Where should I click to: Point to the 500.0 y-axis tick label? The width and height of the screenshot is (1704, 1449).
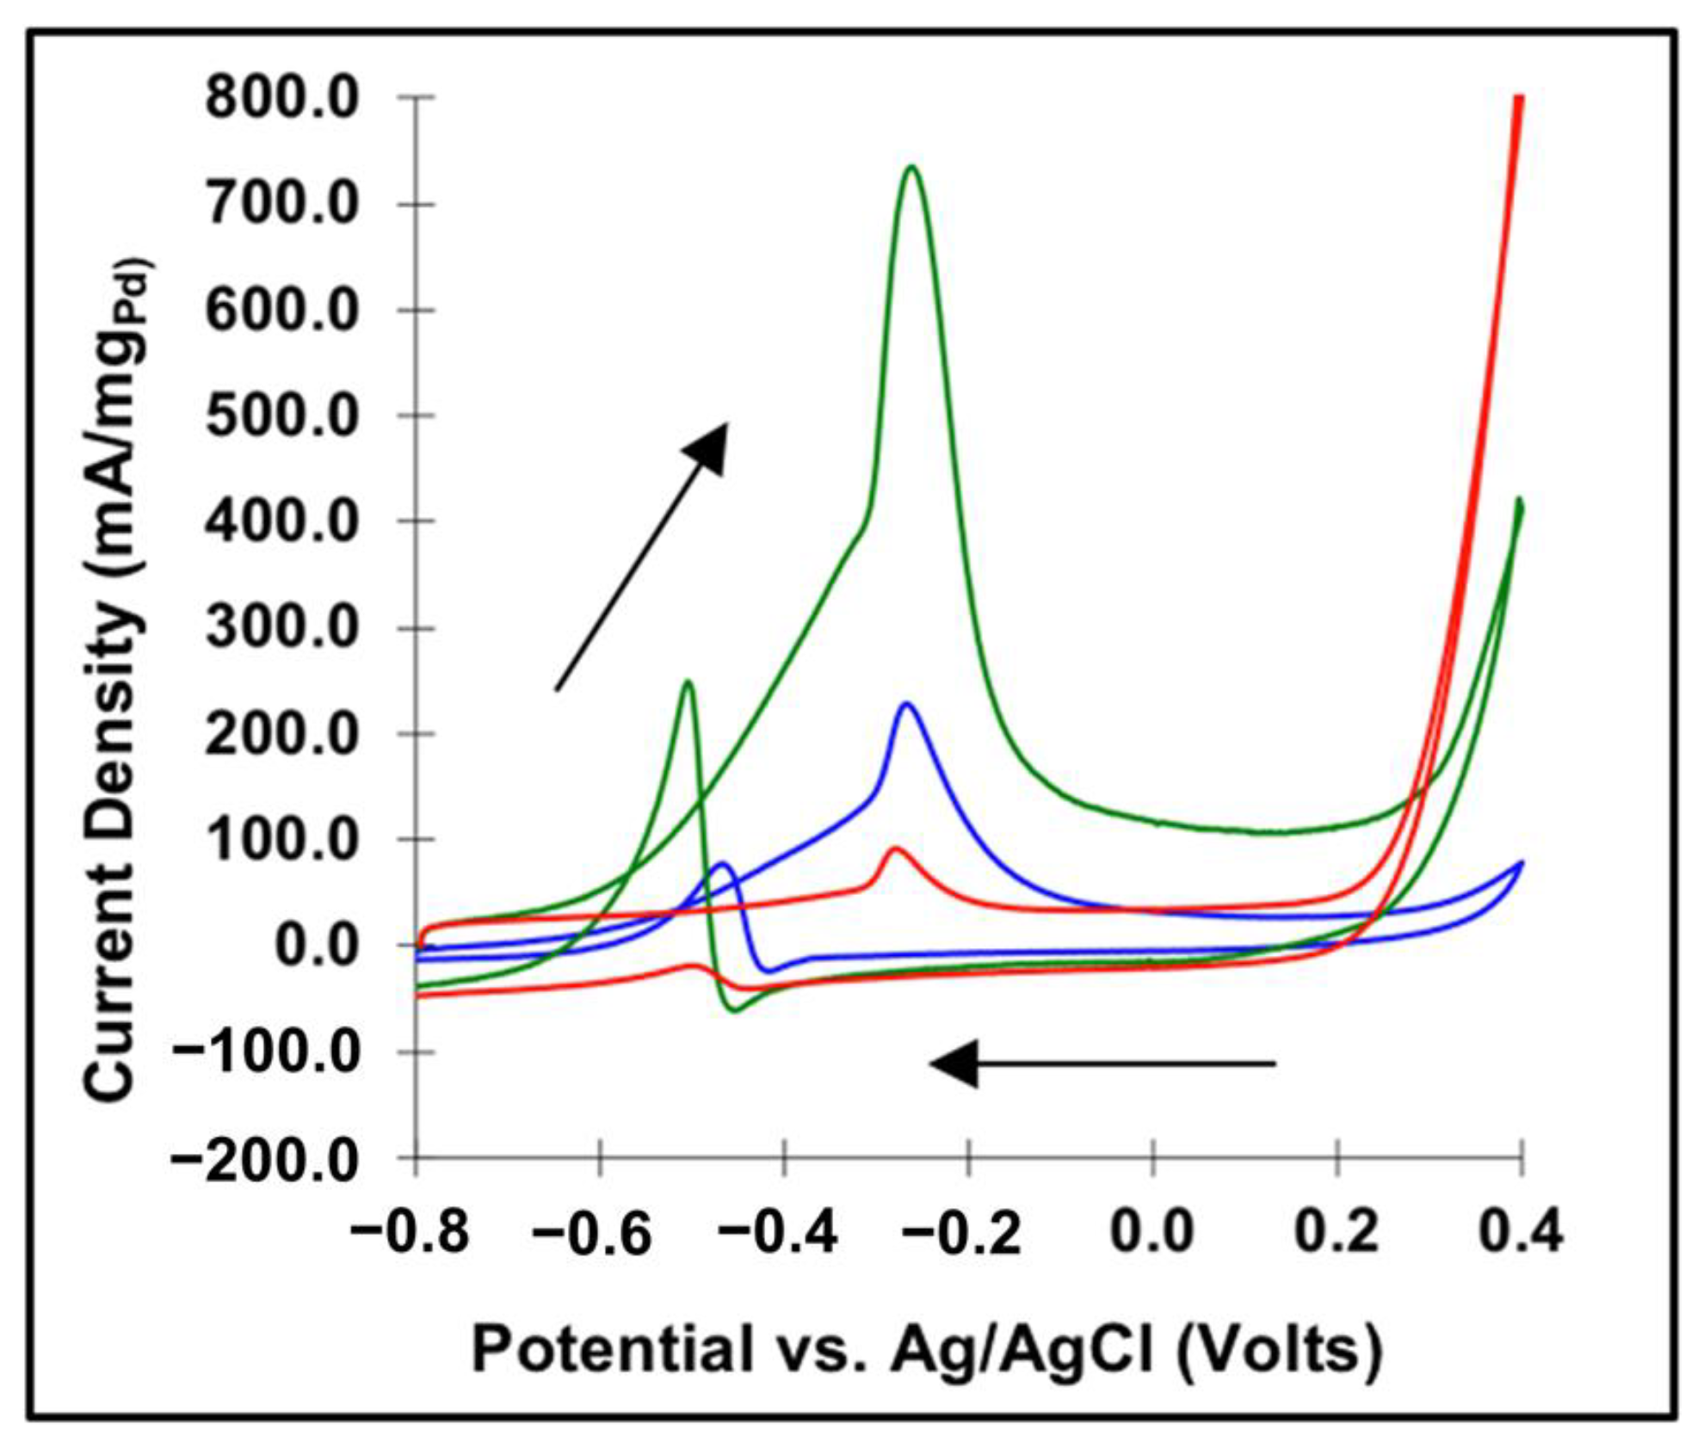[x=281, y=416]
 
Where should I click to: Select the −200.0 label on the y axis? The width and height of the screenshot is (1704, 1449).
[x=263, y=1161]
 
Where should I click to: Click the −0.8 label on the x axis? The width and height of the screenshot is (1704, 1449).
[x=410, y=1232]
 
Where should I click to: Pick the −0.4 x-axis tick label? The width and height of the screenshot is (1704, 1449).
[x=779, y=1232]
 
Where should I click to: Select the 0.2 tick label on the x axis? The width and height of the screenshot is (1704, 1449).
[x=1337, y=1232]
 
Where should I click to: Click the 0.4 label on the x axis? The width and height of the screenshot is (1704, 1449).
[x=1520, y=1232]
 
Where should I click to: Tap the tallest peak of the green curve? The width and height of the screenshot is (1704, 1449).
[x=911, y=167]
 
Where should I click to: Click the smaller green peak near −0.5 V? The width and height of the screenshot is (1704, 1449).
[x=688, y=682]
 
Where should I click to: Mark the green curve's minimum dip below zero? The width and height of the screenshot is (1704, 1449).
[x=734, y=1010]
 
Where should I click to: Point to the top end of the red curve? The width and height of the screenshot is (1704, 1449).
[x=1519, y=100]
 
